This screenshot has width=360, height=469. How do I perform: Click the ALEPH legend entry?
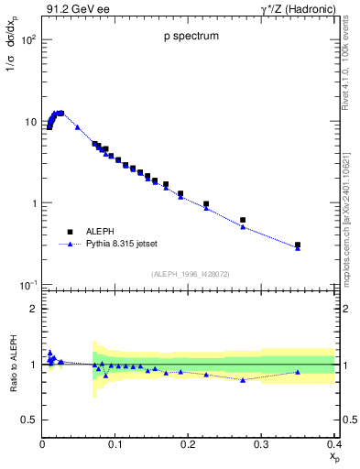(99, 232)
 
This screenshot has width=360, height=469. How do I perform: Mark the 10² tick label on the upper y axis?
(28, 41)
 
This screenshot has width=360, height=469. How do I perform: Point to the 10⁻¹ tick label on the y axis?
(28, 285)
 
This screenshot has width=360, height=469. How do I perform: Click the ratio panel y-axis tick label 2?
(32, 309)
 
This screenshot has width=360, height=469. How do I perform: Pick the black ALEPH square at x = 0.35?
(298, 245)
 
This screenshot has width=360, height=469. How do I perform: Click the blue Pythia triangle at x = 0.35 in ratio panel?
(298, 372)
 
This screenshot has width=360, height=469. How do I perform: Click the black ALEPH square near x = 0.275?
(243, 220)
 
